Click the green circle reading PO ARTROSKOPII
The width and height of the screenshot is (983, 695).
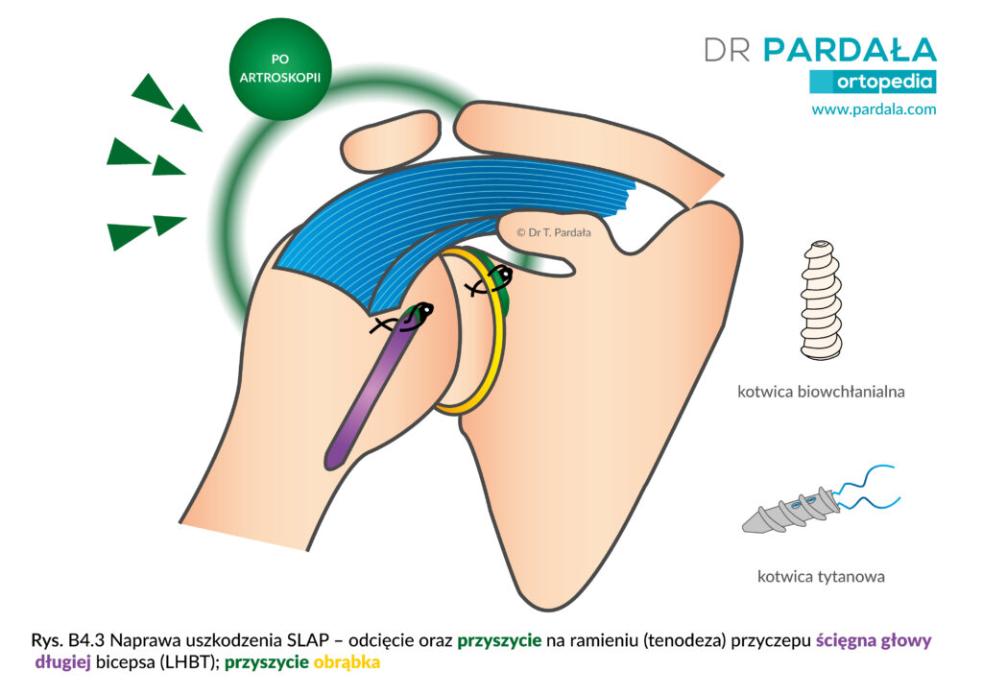(279, 69)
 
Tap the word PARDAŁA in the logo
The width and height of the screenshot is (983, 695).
(850, 50)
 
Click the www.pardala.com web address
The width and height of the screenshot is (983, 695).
(874, 109)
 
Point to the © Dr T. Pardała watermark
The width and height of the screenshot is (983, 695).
(554, 232)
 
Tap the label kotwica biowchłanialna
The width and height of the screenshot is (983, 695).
(821, 393)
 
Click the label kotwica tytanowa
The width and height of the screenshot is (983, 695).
(822, 577)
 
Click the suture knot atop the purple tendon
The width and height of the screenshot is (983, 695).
(402, 319)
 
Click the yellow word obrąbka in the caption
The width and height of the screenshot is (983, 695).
(347, 662)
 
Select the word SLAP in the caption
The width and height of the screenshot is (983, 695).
(308, 640)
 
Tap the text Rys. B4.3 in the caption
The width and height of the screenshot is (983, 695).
(68, 640)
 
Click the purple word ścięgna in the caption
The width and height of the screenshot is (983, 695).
(843, 641)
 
